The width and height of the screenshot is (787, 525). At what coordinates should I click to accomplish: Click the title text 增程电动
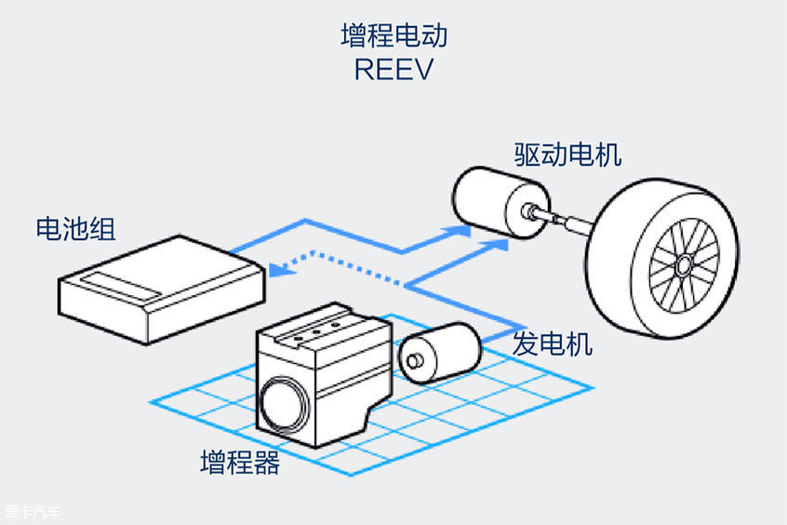[393, 35]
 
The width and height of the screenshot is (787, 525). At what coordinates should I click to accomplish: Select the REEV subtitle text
[393, 71]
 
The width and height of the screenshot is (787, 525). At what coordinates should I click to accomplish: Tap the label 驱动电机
[567, 154]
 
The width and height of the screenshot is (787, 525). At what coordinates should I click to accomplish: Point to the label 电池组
[75, 228]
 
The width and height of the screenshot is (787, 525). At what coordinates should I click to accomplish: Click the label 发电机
[552, 344]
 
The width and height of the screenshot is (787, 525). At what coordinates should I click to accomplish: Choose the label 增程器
[240, 463]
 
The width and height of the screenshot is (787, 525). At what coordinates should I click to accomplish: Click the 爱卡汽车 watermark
[33, 512]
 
